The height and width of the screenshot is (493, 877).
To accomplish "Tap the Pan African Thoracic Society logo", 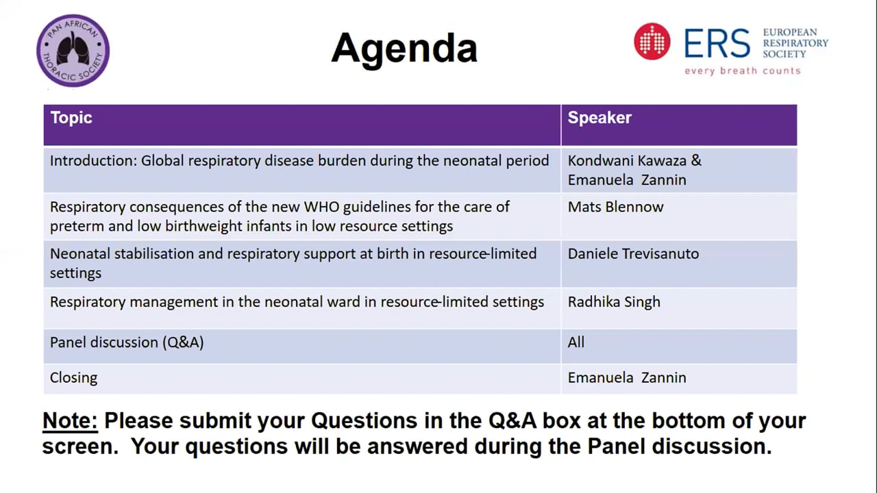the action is (x=73, y=51).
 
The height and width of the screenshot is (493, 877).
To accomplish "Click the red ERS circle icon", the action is (x=652, y=42).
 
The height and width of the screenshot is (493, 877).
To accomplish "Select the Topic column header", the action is (x=71, y=118).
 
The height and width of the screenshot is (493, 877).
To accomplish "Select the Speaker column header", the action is (x=600, y=118).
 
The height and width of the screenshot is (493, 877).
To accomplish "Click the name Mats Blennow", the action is (x=615, y=207).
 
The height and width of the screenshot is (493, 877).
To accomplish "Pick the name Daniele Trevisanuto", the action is (x=633, y=254).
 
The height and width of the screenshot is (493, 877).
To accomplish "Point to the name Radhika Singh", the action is (x=614, y=303).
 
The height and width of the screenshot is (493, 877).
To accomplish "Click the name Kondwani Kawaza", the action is (x=627, y=161).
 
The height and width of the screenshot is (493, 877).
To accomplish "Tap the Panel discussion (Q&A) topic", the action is (x=127, y=343).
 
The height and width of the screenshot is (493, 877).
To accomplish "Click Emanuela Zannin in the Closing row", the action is (x=627, y=378).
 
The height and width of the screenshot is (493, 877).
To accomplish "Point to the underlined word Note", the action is (x=70, y=421).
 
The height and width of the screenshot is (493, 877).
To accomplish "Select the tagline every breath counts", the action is (x=743, y=71).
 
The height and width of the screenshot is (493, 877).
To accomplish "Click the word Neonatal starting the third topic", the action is (x=79, y=254).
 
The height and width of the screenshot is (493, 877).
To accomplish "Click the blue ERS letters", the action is (x=717, y=42).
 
